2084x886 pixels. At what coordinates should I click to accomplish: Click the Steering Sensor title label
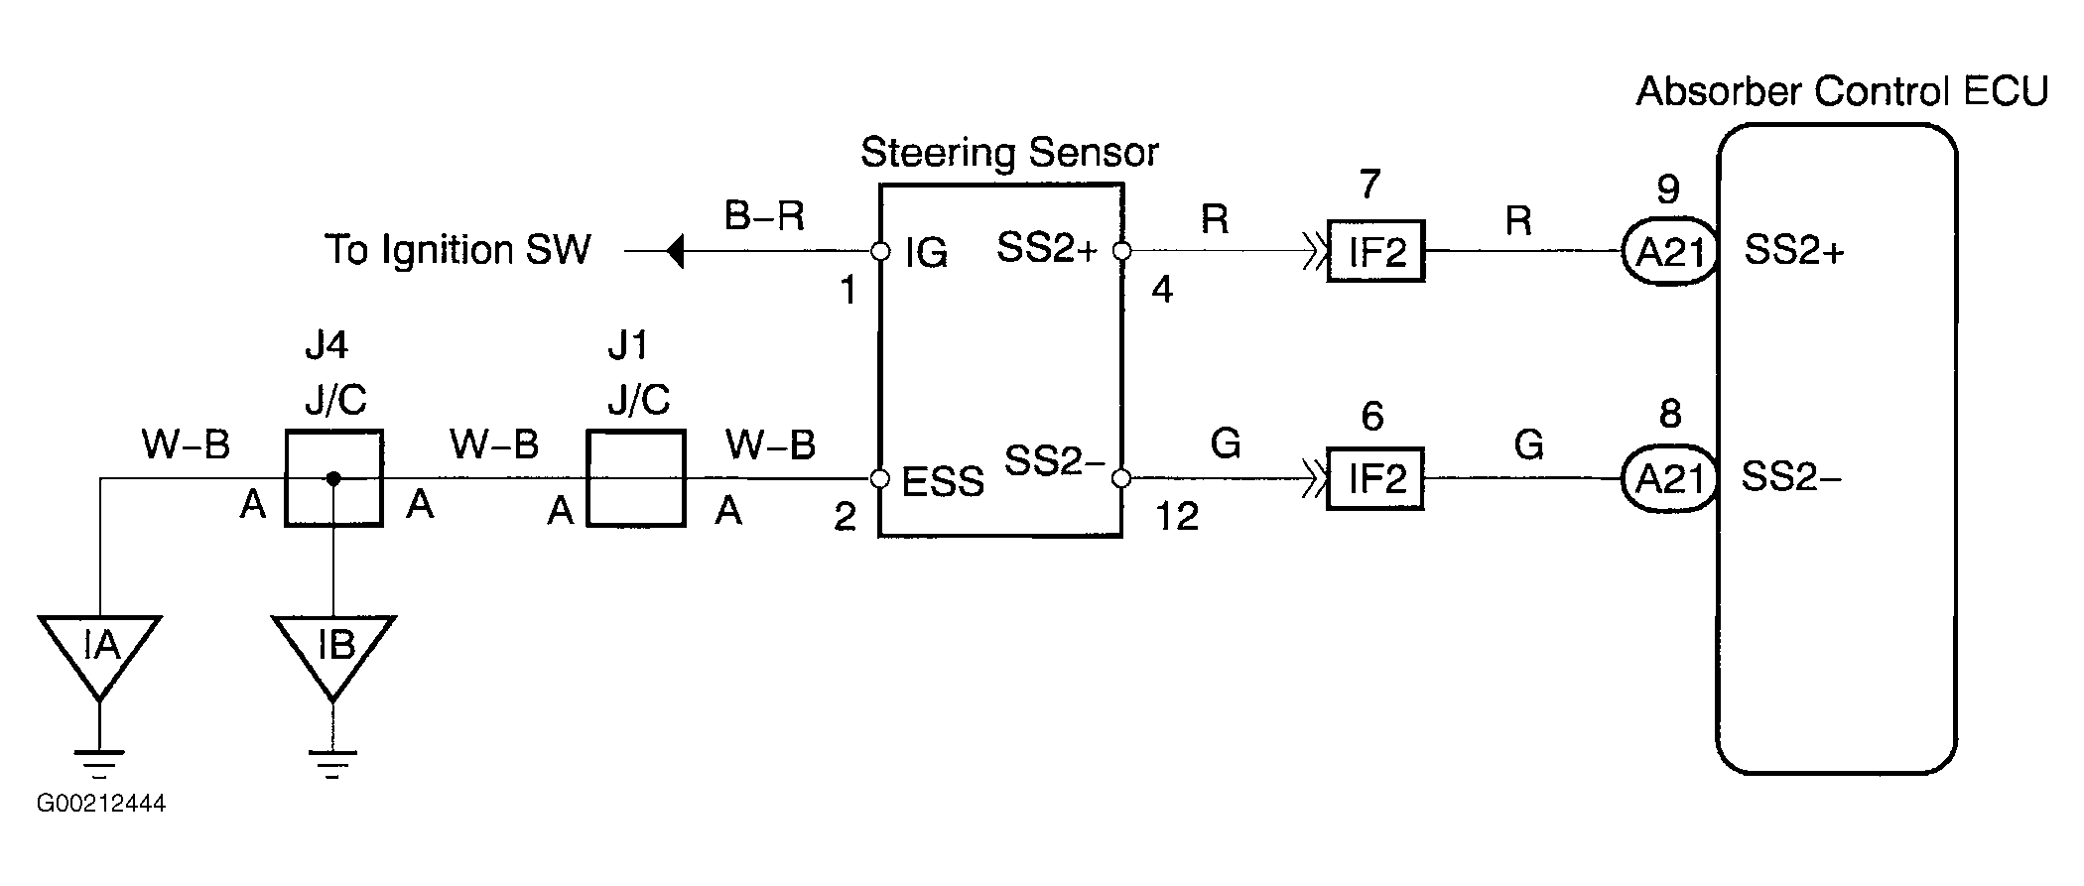coord(1008,154)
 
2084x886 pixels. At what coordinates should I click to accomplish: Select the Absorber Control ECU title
coord(1841,91)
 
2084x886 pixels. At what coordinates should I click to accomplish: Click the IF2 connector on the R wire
coord(1375,252)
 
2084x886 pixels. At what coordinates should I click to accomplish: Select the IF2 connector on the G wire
coord(1375,479)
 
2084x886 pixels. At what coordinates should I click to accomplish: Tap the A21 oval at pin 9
coord(1668,252)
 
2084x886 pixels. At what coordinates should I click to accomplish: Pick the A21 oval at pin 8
coord(1668,479)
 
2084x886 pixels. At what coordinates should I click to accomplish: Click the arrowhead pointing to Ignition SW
coord(675,251)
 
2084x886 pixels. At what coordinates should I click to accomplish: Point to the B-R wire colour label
coord(764,215)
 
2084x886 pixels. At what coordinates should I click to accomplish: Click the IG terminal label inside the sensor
coord(926,254)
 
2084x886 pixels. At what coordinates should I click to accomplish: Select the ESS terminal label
coord(943,482)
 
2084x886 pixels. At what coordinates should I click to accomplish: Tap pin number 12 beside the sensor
coord(1177,517)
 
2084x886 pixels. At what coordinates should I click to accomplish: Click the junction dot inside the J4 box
coord(333,479)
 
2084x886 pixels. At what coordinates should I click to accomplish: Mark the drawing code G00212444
coord(101,803)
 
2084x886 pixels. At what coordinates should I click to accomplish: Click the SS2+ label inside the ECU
coord(1794,251)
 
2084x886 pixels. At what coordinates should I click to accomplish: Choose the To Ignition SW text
coord(457,250)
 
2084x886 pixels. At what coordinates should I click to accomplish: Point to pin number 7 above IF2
coord(1369,186)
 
